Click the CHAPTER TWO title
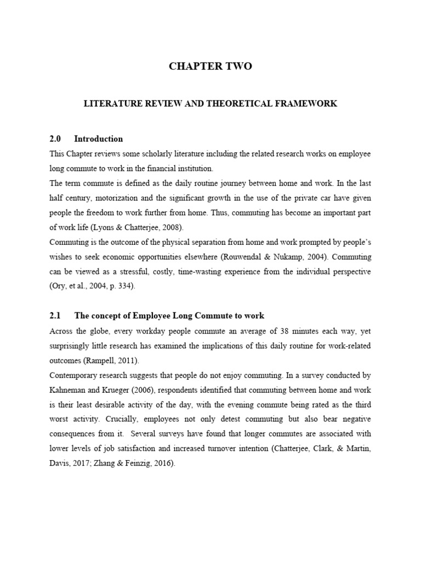(210, 66)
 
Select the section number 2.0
(55, 139)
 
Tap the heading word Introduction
(99, 139)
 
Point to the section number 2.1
(55, 316)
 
